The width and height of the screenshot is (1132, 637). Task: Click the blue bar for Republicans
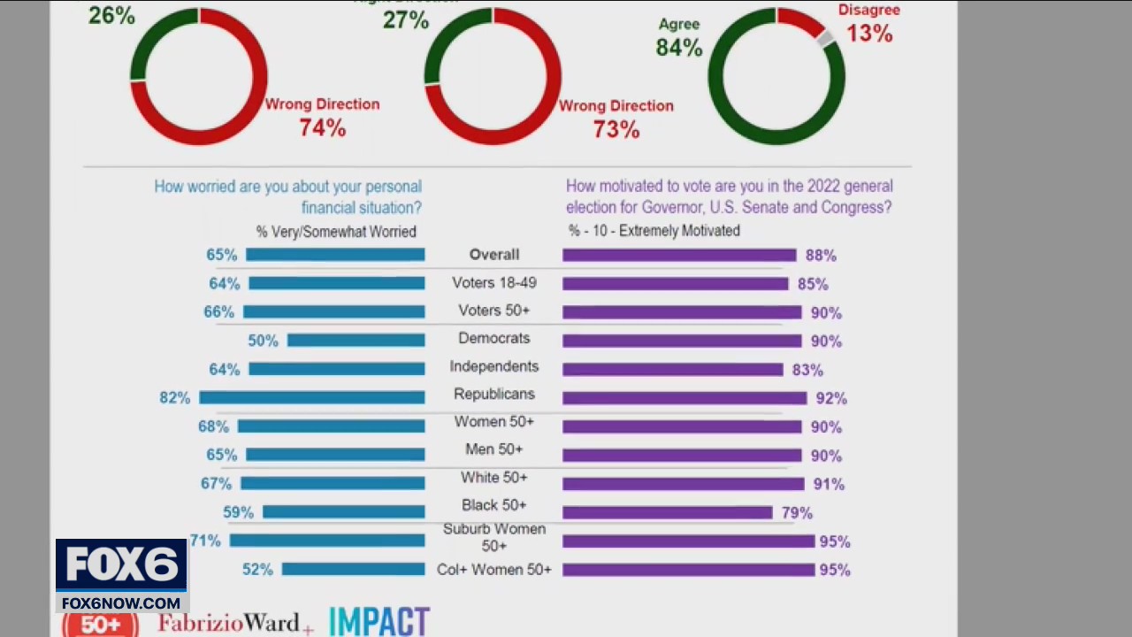[x=311, y=398]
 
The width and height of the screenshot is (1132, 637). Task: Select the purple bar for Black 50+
[x=668, y=512]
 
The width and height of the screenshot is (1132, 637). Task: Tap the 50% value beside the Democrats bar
[x=263, y=341]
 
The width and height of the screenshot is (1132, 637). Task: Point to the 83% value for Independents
[x=807, y=370]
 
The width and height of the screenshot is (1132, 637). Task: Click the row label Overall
[x=493, y=255]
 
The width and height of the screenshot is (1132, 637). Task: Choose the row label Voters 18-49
[x=493, y=283]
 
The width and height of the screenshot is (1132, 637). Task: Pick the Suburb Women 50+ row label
[x=493, y=537]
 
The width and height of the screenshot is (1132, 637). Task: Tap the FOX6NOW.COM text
[x=121, y=603]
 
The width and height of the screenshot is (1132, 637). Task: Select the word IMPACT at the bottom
[x=379, y=622]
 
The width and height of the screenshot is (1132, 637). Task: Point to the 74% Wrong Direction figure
[x=322, y=128]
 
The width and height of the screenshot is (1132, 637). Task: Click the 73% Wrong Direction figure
[x=616, y=129]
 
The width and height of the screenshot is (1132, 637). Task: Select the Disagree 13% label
[x=869, y=24]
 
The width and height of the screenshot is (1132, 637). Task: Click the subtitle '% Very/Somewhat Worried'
[x=336, y=232]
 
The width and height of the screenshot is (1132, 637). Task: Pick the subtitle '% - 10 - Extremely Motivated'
[x=654, y=231]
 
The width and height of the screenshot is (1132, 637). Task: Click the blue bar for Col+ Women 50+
[x=353, y=570]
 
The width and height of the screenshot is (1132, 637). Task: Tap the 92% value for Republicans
[x=831, y=399]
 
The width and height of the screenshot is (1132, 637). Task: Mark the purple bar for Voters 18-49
[x=675, y=284]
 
